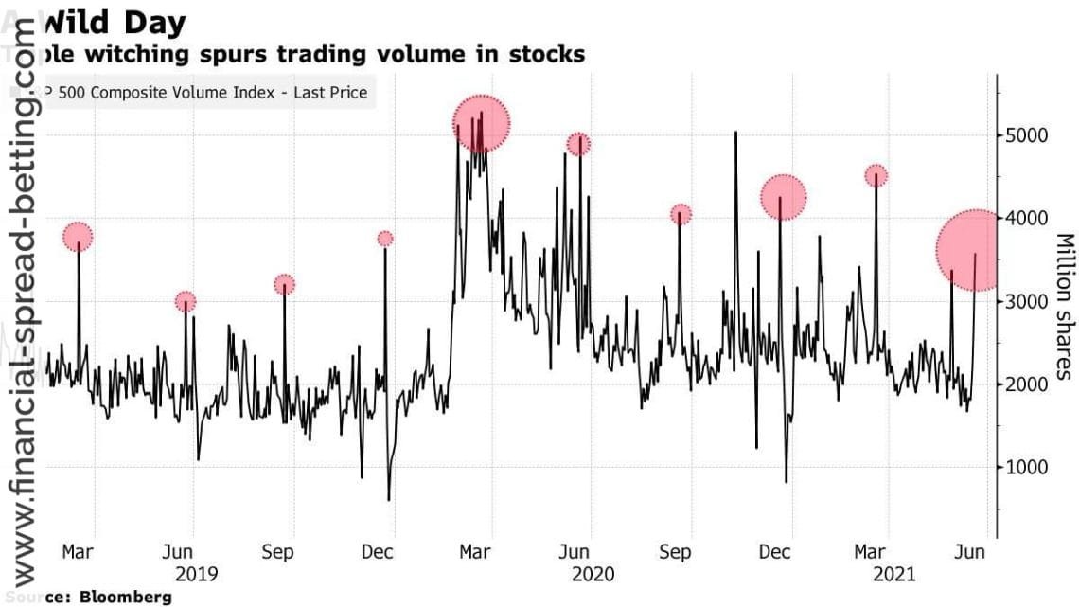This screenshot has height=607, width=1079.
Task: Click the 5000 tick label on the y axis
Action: tap(1027, 135)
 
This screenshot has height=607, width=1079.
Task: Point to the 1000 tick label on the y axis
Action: tap(1027, 467)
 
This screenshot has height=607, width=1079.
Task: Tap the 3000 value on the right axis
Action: tap(1027, 301)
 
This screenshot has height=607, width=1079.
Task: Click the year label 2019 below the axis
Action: tap(197, 574)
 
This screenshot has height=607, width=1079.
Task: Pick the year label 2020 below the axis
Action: tap(593, 574)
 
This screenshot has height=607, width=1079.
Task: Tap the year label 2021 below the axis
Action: tap(891, 574)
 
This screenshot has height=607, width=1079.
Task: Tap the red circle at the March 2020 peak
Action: tap(481, 123)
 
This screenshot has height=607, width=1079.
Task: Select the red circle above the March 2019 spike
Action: tap(78, 237)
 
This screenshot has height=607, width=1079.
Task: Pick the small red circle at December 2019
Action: tap(384, 239)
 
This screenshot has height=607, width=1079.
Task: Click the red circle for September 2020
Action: tap(681, 215)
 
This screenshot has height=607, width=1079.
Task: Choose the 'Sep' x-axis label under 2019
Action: tap(277, 552)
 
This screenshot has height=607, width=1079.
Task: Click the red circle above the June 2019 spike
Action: tap(186, 302)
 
